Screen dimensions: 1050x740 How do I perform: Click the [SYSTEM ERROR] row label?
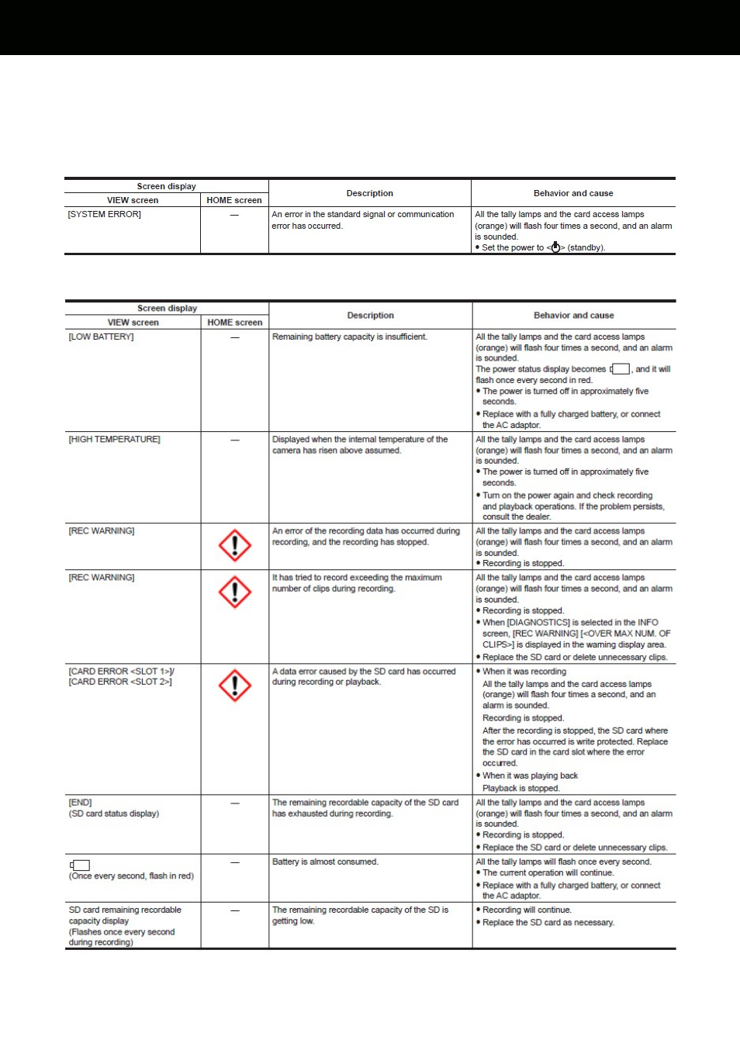point(105,215)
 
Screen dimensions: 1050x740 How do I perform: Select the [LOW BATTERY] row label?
point(102,337)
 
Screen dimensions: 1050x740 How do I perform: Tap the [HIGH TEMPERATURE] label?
point(115,440)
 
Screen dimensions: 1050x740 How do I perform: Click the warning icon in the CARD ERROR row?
point(234,686)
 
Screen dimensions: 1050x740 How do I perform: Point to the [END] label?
point(81,803)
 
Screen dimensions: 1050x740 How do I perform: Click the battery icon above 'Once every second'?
point(80,865)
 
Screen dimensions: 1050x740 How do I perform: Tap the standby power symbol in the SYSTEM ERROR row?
point(555,247)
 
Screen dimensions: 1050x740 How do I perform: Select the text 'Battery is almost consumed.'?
point(325,862)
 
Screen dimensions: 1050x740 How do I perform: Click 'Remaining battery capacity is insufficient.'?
point(350,337)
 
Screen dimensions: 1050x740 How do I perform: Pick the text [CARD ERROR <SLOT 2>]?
point(120,682)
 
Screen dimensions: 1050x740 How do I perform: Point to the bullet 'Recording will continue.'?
point(527,910)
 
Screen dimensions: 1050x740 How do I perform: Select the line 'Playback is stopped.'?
point(521,789)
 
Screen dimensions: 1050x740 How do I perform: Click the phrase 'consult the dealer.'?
point(517,517)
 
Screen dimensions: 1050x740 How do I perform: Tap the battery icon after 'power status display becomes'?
point(621,369)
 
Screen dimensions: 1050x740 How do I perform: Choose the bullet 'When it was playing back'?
point(530,776)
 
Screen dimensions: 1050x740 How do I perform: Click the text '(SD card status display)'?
point(114,814)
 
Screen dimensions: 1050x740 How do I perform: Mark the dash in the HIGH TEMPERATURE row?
point(235,440)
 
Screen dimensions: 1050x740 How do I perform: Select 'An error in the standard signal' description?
point(363,215)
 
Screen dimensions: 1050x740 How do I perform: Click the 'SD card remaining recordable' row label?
point(125,910)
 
